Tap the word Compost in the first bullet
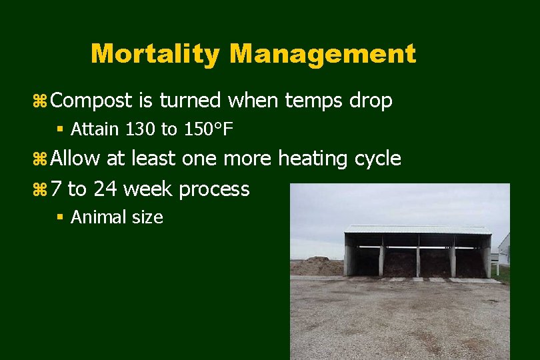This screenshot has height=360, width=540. (x=92, y=101)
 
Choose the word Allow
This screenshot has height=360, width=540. (x=76, y=159)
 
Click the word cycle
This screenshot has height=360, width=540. (x=378, y=159)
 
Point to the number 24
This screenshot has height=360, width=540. (x=105, y=189)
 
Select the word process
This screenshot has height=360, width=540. (x=214, y=190)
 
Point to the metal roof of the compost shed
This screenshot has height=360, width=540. (x=417, y=229)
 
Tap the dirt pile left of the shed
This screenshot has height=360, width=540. (x=317, y=266)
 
